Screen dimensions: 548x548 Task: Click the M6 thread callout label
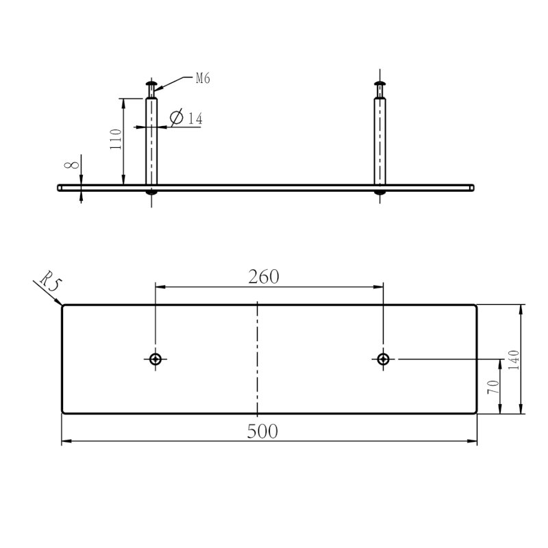(203, 78)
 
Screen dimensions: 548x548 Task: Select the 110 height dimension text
(116, 139)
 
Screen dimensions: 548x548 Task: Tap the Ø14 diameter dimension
(186, 118)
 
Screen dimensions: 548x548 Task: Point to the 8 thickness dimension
(72, 165)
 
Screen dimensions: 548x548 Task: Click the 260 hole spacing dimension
(264, 277)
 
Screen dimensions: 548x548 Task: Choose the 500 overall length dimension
(262, 431)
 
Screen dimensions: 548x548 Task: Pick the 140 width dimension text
(513, 360)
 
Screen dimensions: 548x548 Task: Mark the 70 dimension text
(493, 387)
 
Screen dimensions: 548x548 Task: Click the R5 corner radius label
(51, 281)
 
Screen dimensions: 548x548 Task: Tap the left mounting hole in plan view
(155, 359)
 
